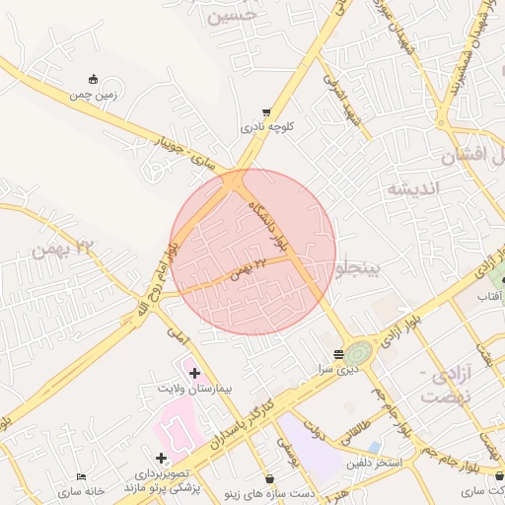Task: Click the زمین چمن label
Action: [94, 95]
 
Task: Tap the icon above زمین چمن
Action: [94, 79]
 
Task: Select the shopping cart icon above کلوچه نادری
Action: [266, 112]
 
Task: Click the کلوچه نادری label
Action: [266, 127]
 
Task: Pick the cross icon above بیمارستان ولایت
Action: [194, 373]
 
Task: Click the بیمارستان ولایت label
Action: [194, 389]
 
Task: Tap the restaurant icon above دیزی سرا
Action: [338, 353]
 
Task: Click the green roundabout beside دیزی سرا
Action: [359, 352]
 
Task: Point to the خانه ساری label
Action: [81, 490]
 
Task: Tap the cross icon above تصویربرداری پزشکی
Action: [161, 458]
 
